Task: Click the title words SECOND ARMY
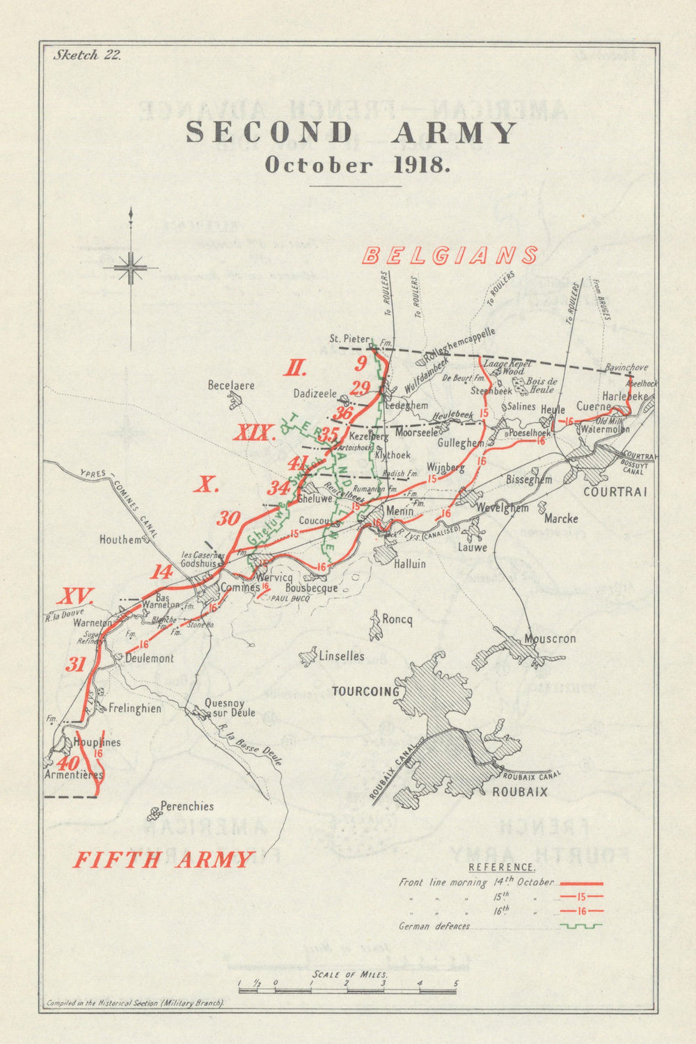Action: [351, 132]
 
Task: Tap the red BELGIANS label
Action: [450, 255]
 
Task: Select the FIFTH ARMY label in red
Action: [163, 860]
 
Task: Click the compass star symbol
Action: [130, 268]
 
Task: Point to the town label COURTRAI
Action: [615, 492]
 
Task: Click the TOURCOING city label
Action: [365, 691]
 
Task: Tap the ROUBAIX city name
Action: [520, 792]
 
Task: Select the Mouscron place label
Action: [550, 639]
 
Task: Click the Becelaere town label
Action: [231, 385]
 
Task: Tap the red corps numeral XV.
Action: [75, 595]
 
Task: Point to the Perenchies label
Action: [187, 807]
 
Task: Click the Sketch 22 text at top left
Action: [87, 56]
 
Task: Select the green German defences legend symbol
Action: [580, 926]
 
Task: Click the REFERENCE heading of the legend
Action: [501, 867]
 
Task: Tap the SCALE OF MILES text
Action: [350, 974]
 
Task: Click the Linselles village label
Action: [341, 656]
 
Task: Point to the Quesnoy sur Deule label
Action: [230, 708]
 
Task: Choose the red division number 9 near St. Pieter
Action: [360, 363]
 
